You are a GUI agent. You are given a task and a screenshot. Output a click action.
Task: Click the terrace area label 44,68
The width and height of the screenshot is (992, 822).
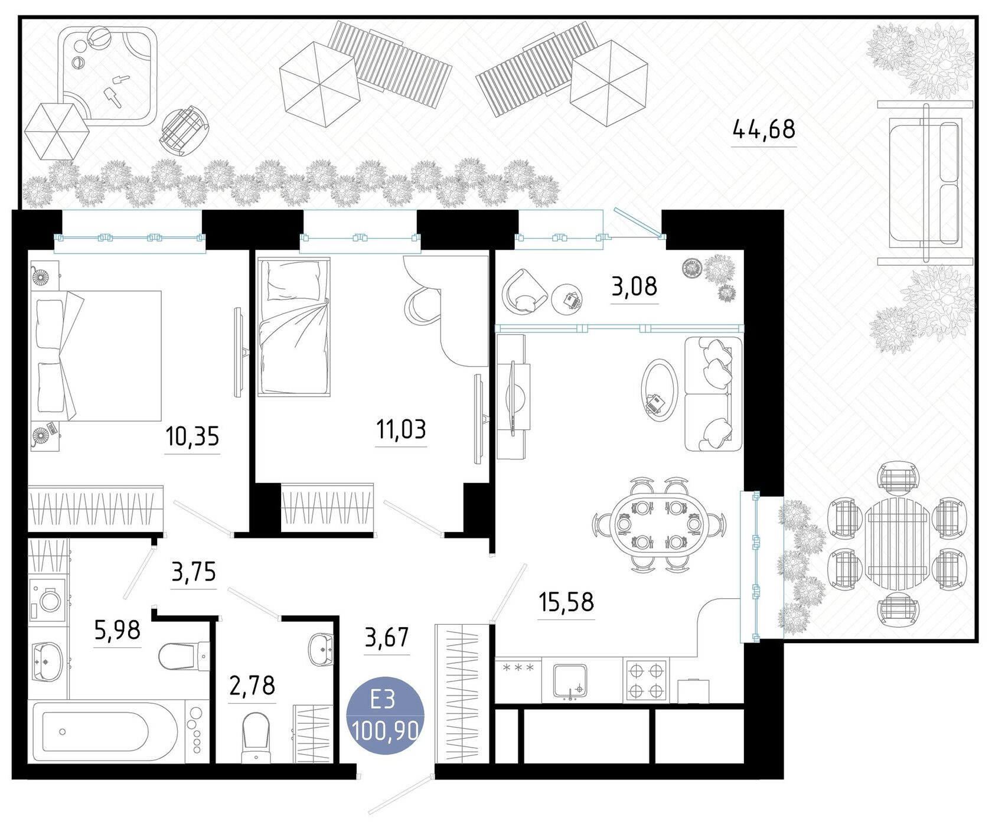pos(763,129)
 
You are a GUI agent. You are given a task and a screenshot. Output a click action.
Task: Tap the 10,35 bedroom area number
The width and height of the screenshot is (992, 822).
pos(192,436)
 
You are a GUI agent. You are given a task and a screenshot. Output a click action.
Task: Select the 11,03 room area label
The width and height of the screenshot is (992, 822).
pos(401,429)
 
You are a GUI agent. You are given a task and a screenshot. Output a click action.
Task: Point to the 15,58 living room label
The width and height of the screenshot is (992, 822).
pos(566,602)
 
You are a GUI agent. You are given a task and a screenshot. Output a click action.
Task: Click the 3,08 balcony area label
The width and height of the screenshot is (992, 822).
pos(634,286)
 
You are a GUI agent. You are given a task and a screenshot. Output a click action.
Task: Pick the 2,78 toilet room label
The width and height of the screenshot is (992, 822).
pos(252,686)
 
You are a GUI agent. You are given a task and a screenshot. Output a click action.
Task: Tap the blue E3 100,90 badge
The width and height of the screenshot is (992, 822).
pos(385,715)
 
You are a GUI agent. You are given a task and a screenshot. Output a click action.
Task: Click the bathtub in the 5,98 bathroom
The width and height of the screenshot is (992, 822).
pos(105,730)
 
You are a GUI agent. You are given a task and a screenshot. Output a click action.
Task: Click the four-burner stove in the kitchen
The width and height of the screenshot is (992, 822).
pos(645,681)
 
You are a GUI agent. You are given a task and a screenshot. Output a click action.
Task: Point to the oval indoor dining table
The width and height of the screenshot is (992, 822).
pos(658,523)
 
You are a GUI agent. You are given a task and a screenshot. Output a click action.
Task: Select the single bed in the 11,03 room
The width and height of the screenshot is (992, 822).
pos(293,326)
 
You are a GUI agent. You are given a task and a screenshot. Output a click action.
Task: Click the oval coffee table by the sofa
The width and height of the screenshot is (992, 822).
pos(660,389)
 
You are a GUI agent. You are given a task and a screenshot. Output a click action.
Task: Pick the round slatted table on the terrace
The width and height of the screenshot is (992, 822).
pos(897,543)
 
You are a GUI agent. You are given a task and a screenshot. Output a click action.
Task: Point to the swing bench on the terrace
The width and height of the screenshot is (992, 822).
pos(925,183)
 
